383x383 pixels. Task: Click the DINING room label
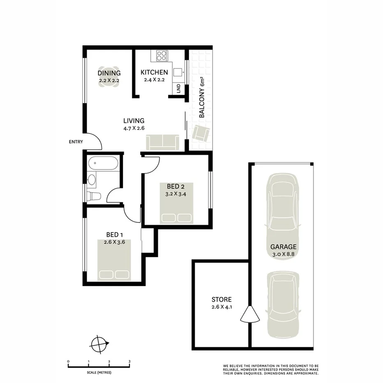(x=109, y=74)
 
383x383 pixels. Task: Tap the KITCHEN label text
(x=154, y=73)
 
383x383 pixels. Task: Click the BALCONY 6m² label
(x=202, y=98)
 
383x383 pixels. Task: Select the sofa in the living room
(x=162, y=142)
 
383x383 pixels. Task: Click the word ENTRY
(x=76, y=142)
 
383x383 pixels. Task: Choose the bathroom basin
(x=92, y=179)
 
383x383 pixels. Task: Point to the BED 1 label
(x=115, y=235)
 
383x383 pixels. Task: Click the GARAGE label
(x=284, y=247)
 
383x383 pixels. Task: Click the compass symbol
(x=100, y=344)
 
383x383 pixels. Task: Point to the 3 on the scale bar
(x=129, y=362)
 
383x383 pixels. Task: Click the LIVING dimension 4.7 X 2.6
(x=134, y=128)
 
